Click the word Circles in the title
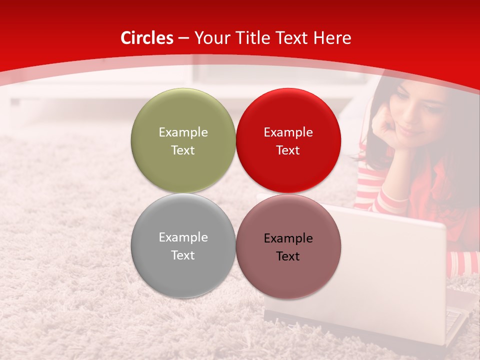(x=146, y=38)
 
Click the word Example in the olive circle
(x=183, y=132)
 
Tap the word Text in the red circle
(x=288, y=150)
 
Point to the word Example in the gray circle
(x=183, y=237)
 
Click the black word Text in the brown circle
(x=288, y=256)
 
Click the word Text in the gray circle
(x=183, y=255)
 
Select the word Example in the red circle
(x=288, y=132)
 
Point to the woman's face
(x=417, y=112)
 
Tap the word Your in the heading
(x=210, y=38)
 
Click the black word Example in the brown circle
(x=288, y=238)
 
